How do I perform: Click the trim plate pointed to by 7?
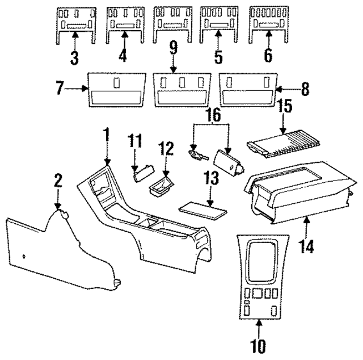[116, 89]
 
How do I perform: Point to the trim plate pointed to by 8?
[248, 89]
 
